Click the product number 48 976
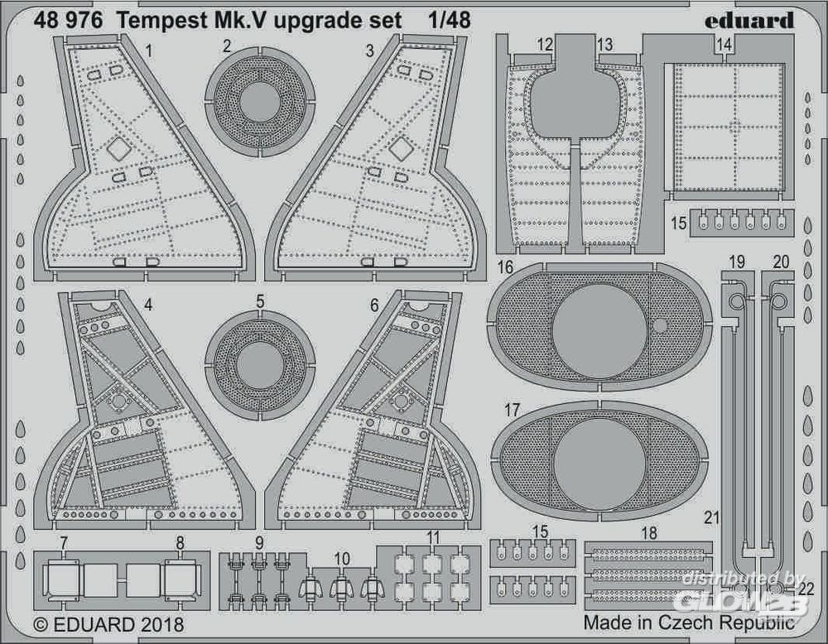pos(69,22)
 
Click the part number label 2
pos(226,46)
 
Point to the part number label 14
pos(724,46)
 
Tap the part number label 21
pos(709,517)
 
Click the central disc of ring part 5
pos(260,366)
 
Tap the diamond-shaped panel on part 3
pos(402,149)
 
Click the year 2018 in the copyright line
pos(156,622)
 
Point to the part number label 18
pos(649,534)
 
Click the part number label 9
pos(260,544)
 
